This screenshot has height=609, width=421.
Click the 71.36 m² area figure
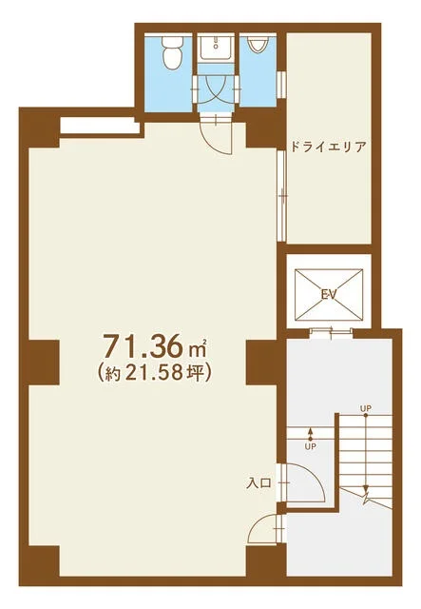(155, 345)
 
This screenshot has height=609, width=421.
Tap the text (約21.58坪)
(155, 373)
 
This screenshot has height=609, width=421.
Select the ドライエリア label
(328, 147)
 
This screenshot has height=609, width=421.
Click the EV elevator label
(328, 295)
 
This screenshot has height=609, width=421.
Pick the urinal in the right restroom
(257, 45)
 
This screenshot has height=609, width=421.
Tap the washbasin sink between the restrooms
(216, 48)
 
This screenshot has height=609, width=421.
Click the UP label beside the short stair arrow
(311, 446)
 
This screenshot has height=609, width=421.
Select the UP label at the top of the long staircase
(366, 408)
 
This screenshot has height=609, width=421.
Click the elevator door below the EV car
(331, 331)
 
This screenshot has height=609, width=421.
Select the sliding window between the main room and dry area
(282, 197)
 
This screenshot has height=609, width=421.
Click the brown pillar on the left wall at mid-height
(43, 363)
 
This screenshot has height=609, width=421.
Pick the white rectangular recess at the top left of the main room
(100, 127)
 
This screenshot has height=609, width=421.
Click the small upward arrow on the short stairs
(311, 434)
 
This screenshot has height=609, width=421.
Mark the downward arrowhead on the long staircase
(366, 488)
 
